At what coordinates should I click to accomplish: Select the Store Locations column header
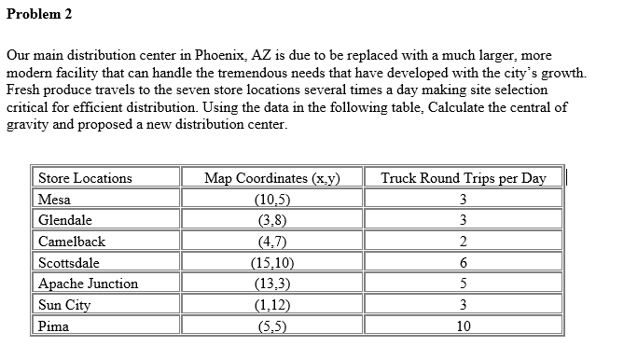85,178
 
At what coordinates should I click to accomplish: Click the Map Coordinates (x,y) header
271,178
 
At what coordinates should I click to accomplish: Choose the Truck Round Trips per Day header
464,178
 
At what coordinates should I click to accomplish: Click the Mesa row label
54,200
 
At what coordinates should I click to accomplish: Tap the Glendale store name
64,221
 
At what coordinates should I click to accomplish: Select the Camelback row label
72,242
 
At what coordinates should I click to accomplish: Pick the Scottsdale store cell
68,263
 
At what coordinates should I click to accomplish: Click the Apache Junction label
88,284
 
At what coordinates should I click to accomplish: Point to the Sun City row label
63,305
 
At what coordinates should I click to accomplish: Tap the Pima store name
53,326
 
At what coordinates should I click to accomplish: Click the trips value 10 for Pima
464,326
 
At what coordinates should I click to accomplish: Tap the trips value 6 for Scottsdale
464,263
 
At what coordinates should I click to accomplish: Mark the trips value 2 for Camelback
464,242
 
